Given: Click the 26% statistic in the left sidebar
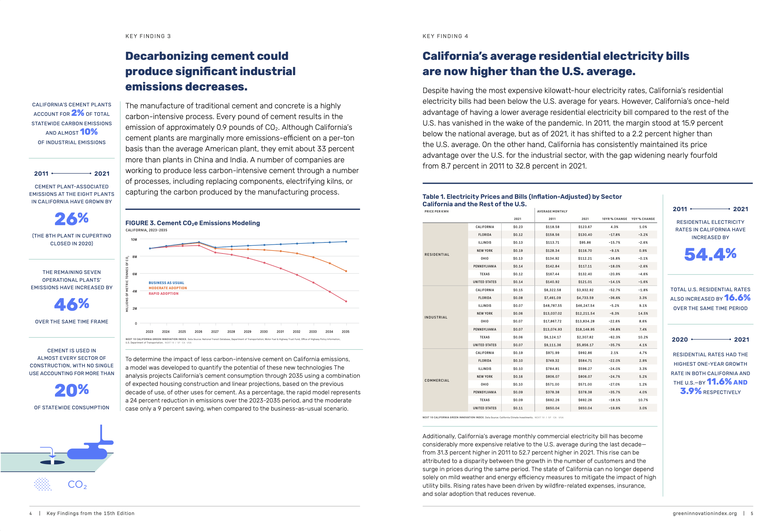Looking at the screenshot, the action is click(x=72, y=219).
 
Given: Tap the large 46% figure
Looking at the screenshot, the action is click(x=72, y=305).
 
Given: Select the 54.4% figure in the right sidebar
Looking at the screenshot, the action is click(x=710, y=254).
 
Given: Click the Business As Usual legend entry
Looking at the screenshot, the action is click(x=166, y=283).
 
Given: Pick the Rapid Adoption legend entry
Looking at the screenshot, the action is click(x=164, y=293).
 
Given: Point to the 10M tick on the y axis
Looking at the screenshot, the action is click(x=134, y=239).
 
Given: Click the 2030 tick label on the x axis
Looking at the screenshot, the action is click(x=264, y=332).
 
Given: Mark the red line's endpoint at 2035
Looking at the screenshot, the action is click(x=346, y=301).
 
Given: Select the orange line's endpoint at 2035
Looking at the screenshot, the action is click(x=346, y=271).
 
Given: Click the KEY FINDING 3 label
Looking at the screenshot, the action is click(x=148, y=36).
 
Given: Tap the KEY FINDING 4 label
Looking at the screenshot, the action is click(x=445, y=36).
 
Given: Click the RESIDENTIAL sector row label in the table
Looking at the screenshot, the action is click(x=437, y=254).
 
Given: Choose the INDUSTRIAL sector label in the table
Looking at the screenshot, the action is click(x=436, y=317).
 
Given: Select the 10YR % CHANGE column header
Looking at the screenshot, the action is click(x=614, y=219).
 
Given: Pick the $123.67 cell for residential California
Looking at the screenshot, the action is click(x=585, y=227).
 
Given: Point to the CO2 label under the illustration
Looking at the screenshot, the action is click(x=77, y=484).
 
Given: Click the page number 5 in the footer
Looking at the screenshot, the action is click(x=752, y=513).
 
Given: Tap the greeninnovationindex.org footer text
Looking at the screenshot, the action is click(x=705, y=513).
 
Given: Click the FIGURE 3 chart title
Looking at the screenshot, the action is click(x=193, y=223).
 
